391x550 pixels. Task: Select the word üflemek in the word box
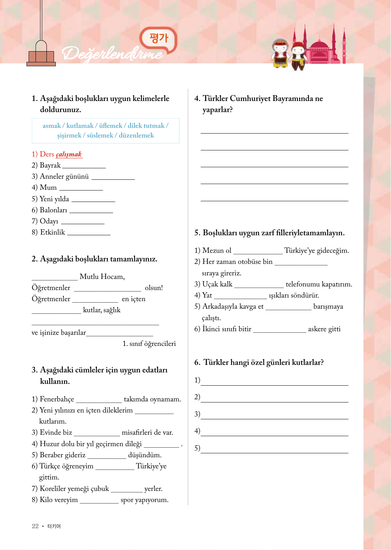111,126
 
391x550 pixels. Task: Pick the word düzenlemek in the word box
136,135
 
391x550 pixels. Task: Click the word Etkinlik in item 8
53,232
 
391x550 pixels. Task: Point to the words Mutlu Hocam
102,277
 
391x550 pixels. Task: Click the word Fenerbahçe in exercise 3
57,399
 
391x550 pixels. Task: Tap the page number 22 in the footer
35,526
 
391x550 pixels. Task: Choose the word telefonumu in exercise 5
303,284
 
